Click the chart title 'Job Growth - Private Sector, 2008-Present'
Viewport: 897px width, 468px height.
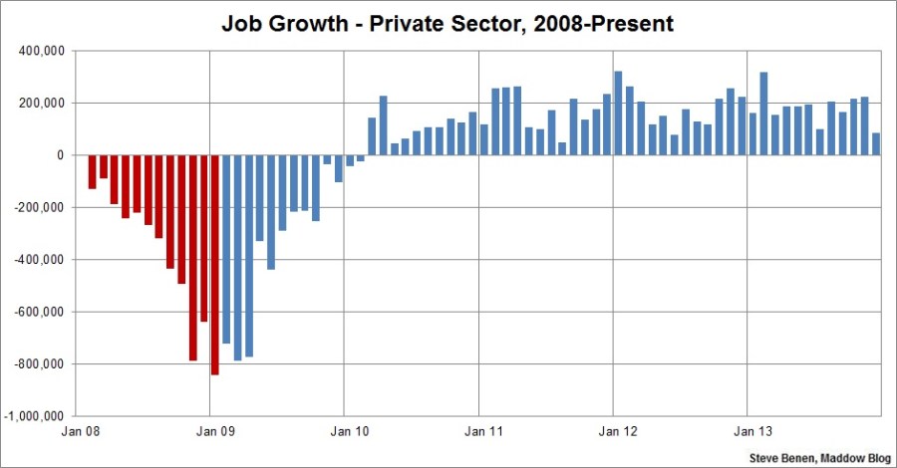[x=448, y=22]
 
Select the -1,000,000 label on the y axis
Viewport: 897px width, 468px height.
[x=38, y=416]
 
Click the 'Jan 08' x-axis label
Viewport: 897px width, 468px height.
[x=76, y=433]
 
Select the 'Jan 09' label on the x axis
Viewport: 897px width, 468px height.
[x=209, y=433]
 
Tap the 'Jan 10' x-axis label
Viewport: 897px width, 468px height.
[x=344, y=433]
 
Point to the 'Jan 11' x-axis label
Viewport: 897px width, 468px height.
[x=479, y=433]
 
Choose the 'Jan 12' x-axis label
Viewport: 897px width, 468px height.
[x=614, y=433]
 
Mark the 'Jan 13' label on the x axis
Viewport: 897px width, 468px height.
[x=748, y=433]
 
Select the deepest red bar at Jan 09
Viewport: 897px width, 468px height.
[x=214, y=265]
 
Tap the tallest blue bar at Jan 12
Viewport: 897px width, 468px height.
[x=618, y=114]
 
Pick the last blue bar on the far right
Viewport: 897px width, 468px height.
[x=876, y=144]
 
